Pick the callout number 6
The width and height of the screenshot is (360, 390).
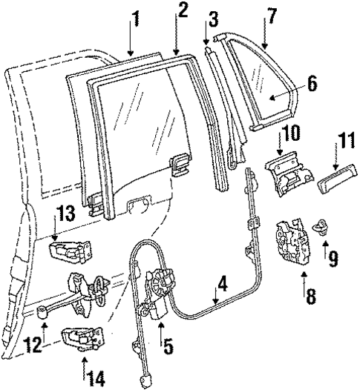(311, 85)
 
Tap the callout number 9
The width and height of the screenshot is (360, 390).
(333, 259)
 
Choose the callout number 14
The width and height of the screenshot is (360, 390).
(94, 378)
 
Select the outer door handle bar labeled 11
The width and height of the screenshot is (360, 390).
(333, 181)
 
